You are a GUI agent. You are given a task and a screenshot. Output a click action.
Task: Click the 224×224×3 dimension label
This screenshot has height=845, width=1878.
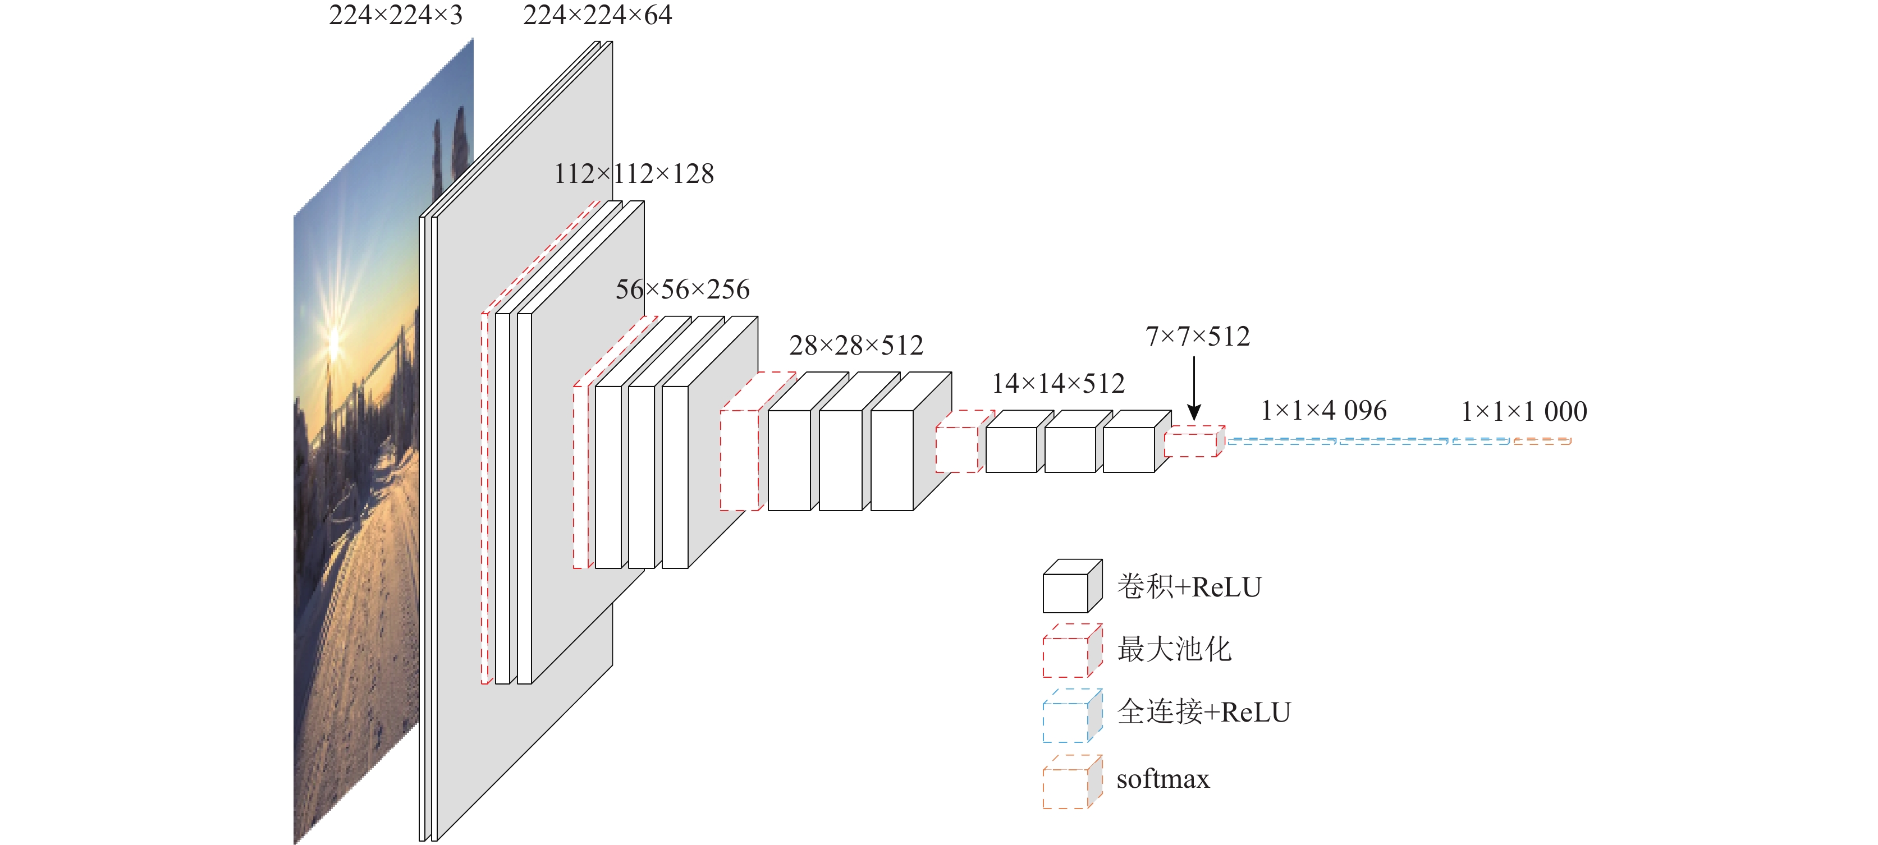click(395, 15)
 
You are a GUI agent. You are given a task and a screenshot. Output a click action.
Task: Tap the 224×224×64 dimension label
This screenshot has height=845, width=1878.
click(597, 15)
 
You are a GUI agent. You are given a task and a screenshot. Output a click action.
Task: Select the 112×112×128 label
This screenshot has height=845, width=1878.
click(634, 173)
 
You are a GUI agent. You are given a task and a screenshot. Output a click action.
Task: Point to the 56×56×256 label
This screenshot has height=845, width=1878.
click(683, 290)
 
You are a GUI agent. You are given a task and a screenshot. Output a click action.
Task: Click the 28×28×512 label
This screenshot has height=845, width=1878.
click(856, 345)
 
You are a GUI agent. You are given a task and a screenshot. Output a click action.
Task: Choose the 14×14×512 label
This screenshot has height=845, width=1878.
click(1058, 383)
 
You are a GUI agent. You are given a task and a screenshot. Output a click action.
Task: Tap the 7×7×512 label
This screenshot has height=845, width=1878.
click(1197, 336)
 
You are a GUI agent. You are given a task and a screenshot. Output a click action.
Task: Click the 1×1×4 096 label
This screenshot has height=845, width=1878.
click(1324, 411)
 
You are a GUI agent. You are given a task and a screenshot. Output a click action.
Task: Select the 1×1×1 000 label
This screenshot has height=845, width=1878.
click(1524, 411)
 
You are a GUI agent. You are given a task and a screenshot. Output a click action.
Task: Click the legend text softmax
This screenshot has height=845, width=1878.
click(1163, 779)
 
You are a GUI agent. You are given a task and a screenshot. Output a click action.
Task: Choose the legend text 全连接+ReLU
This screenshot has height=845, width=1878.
click(1204, 711)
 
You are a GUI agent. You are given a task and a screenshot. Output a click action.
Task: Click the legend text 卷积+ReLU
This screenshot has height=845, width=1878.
click(1189, 586)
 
